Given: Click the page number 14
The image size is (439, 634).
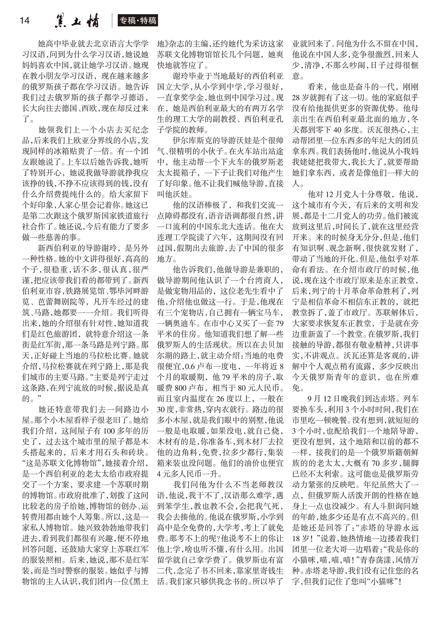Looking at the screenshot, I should (x=25, y=20).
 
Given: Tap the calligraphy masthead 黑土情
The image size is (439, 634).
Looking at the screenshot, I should (x=77, y=21).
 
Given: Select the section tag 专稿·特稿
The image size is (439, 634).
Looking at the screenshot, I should (x=138, y=21).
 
